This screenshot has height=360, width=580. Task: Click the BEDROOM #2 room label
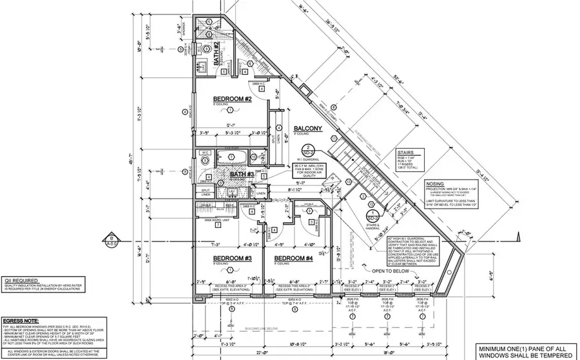(x=231, y=99)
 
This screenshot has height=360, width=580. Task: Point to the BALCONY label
(x=309, y=128)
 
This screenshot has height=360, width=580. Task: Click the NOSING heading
(x=436, y=182)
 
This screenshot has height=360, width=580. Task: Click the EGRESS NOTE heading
(x=23, y=319)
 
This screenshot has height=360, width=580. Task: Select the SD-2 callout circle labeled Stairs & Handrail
(x=372, y=216)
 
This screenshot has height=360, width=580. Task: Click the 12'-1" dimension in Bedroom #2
(x=230, y=125)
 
